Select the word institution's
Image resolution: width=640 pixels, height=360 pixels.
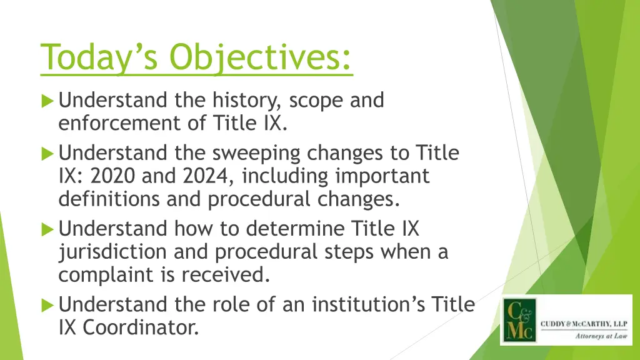[358, 305]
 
